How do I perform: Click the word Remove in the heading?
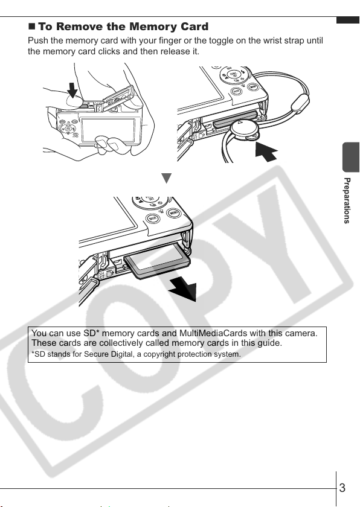[x=79, y=27]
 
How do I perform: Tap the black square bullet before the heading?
[x=31, y=26]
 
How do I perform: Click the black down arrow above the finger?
[x=72, y=90]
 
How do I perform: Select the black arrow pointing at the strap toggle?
[x=266, y=151]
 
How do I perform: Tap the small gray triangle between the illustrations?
[x=166, y=178]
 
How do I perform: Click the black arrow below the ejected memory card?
[x=184, y=289]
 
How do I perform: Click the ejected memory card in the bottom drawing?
[x=157, y=261]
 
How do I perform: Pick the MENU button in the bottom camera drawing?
[x=173, y=212]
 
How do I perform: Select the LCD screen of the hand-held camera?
[x=108, y=130]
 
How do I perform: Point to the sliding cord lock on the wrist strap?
[x=300, y=103]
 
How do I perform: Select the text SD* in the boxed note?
[x=91, y=333]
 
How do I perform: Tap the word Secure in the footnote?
[x=93, y=354]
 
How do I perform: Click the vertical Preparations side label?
[x=347, y=200]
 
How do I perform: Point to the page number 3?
[x=342, y=488]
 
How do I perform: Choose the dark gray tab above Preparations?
[x=351, y=157]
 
